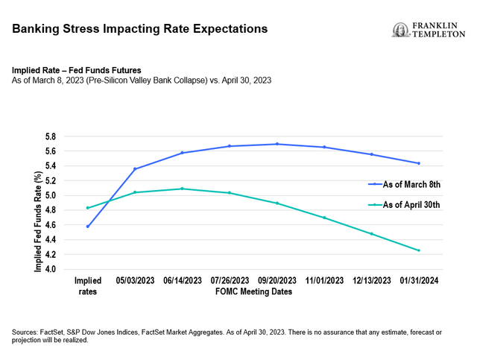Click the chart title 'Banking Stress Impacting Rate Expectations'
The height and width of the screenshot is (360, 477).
(x=139, y=30)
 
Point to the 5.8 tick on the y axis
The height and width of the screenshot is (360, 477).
(x=51, y=136)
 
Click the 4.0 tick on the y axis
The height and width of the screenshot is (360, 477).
(x=51, y=269)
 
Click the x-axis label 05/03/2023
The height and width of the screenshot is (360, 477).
(x=135, y=281)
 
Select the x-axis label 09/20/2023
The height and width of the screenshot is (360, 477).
(x=277, y=281)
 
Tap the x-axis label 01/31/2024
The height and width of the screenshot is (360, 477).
(x=419, y=281)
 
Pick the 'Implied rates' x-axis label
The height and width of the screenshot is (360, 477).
(x=88, y=286)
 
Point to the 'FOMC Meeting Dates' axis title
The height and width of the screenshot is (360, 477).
(x=253, y=291)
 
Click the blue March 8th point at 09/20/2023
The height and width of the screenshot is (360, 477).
(x=277, y=144)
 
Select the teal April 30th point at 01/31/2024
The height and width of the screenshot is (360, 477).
(x=419, y=250)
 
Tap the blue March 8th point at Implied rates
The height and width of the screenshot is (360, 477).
(x=88, y=226)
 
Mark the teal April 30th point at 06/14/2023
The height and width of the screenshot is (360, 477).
(x=183, y=189)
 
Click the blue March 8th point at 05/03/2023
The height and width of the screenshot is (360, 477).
(x=135, y=169)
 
